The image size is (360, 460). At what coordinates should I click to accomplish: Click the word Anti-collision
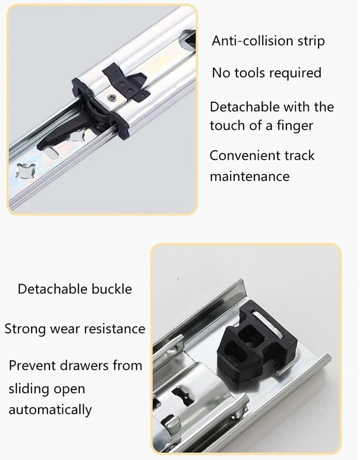pos(253,40)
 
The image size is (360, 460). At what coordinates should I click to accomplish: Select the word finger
pos(295,126)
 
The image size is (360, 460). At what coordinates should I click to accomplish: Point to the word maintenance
pos(250,176)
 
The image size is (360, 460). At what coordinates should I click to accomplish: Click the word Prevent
pos(32,366)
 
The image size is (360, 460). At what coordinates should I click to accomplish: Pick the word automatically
pos(50,410)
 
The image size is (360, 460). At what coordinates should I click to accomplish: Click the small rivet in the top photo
pos(111,97)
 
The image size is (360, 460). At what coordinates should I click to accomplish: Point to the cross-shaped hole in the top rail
pos(25,171)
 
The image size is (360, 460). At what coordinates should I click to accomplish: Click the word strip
pos(311,41)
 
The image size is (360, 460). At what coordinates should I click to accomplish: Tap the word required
pos(294,73)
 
